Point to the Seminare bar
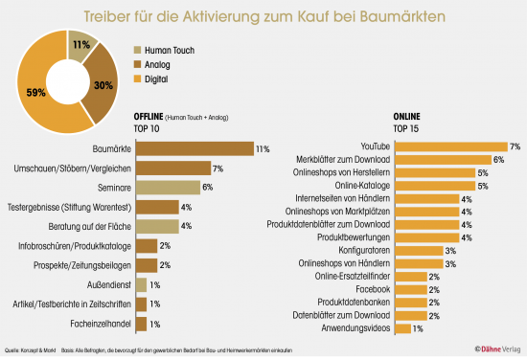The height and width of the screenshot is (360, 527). click(x=168, y=187)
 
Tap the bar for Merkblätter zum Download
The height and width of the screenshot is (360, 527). click(x=442, y=159)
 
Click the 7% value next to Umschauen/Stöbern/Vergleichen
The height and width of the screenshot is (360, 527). click(x=218, y=168)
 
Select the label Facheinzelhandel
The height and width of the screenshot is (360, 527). click(x=96, y=325)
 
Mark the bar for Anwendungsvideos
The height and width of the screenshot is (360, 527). click(x=402, y=328)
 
